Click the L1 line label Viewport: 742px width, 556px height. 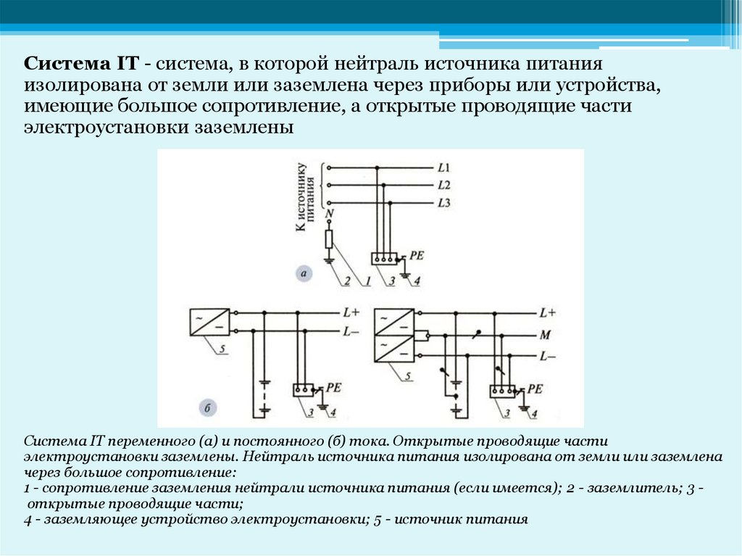444,167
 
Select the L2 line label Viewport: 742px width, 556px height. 444,185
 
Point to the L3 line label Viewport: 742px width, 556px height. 444,203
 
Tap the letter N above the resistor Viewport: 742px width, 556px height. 330,215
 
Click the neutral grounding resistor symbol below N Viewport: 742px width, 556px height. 330,238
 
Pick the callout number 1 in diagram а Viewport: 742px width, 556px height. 368,280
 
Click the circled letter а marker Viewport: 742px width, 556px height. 304,273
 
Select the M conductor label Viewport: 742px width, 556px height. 545,336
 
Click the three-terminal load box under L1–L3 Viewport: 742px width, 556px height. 385,257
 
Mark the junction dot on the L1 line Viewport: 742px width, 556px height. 376,167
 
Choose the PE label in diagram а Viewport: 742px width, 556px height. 416,254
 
